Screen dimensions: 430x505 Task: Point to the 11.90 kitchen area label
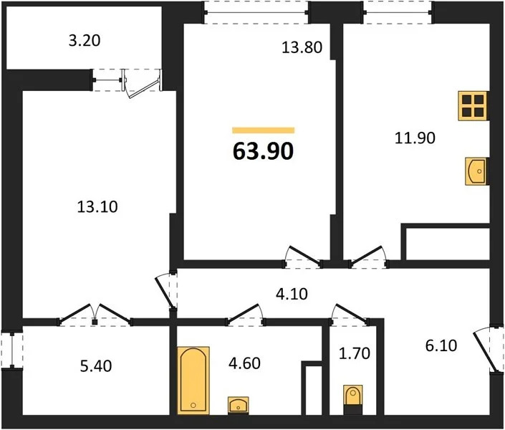[x=409, y=136]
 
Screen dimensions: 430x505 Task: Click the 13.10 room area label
[x=97, y=207]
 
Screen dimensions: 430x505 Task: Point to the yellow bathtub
[x=193, y=379]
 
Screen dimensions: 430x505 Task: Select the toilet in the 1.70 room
[x=353, y=398]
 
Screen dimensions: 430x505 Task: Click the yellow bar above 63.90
[x=263, y=130]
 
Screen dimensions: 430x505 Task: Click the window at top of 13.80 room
[x=256, y=10]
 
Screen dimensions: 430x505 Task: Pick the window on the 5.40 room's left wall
[x=8, y=352]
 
